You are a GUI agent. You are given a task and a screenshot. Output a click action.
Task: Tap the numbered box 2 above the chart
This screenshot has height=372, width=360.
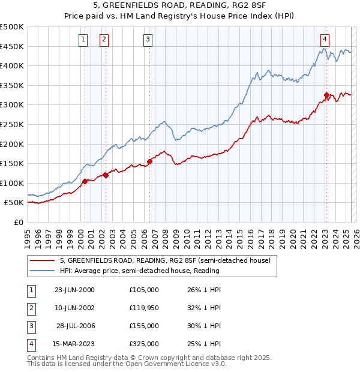[104, 40]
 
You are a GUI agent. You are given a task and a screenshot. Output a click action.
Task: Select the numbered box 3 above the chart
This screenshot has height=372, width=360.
[148, 40]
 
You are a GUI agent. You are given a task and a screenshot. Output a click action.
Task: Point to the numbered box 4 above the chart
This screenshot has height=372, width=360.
[325, 40]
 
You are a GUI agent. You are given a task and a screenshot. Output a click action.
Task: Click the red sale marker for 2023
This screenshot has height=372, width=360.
[326, 95]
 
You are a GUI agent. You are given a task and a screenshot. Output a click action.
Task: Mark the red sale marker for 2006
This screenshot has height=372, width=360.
[150, 161]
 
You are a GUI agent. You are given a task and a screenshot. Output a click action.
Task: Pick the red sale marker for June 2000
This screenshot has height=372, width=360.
[85, 181]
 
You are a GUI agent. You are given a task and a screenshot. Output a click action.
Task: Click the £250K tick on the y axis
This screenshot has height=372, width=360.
[12, 124]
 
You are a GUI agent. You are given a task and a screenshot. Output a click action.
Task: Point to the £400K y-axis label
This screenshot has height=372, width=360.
[12, 65]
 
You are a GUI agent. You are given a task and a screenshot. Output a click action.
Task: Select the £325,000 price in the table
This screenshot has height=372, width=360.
[144, 344]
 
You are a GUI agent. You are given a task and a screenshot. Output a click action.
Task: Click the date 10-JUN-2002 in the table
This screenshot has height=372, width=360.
[74, 308]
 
